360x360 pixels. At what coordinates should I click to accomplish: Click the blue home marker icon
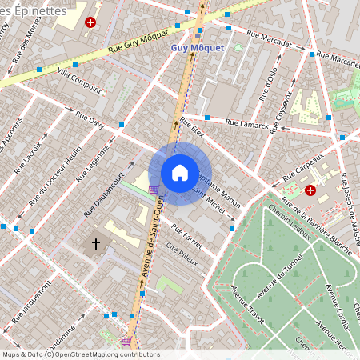(x=180, y=173)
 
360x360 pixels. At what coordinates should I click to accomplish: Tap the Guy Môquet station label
(x=198, y=48)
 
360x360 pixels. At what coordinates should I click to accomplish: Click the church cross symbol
(x=97, y=243)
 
